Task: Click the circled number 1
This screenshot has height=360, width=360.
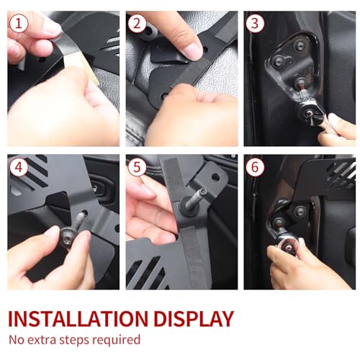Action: (x=19, y=24)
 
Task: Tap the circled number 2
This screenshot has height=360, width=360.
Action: (x=137, y=24)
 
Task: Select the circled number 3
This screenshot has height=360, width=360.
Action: (x=255, y=24)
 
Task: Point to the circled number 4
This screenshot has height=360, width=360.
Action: (x=19, y=167)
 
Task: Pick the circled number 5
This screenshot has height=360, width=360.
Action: (x=137, y=167)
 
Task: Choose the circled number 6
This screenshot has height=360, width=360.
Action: (x=255, y=167)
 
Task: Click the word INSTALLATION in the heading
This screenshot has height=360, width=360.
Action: (x=78, y=319)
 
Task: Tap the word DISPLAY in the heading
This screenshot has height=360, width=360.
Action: (x=194, y=319)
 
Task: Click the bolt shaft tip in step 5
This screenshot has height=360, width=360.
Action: (x=203, y=192)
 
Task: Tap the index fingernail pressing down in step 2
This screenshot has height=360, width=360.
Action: (x=192, y=51)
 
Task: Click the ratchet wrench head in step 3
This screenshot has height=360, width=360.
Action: (x=309, y=112)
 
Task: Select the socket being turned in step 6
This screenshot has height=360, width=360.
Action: (x=288, y=246)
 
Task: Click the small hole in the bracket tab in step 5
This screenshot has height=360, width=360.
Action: (x=216, y=177)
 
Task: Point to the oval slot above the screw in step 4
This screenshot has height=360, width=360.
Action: (x=84, y=213)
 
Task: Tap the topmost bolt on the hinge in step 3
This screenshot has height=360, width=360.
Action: (x=300, y=45)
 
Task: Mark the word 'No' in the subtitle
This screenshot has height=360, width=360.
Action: (x=16, y=340)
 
